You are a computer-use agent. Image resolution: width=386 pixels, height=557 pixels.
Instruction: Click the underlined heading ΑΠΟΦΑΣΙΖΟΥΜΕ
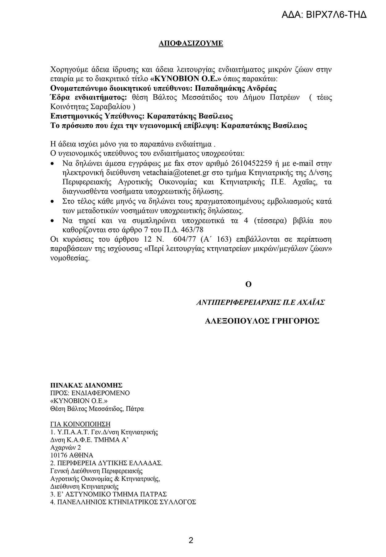[x=191, y=44]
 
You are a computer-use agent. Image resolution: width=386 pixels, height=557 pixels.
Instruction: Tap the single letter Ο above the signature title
[x=248, y=284]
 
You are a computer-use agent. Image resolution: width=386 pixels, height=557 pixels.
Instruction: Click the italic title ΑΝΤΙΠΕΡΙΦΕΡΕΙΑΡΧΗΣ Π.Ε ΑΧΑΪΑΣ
[x=260, y=302]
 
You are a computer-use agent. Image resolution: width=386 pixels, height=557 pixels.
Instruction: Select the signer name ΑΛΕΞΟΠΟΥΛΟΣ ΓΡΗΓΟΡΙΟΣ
[x=262, y=321]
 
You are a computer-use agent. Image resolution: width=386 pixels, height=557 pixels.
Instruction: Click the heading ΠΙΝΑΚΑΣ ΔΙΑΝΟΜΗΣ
[x=86, y=385]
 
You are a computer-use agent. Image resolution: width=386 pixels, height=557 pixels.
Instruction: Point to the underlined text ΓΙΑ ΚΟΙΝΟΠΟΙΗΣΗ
[x=80, y=424]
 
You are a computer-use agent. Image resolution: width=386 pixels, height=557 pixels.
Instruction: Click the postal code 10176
[x=59, y=455]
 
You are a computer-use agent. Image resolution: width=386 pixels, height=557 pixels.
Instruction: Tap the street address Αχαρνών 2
[x=65, y=447]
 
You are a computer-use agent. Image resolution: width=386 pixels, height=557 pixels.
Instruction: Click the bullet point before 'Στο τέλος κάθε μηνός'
[x=53, y=202]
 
